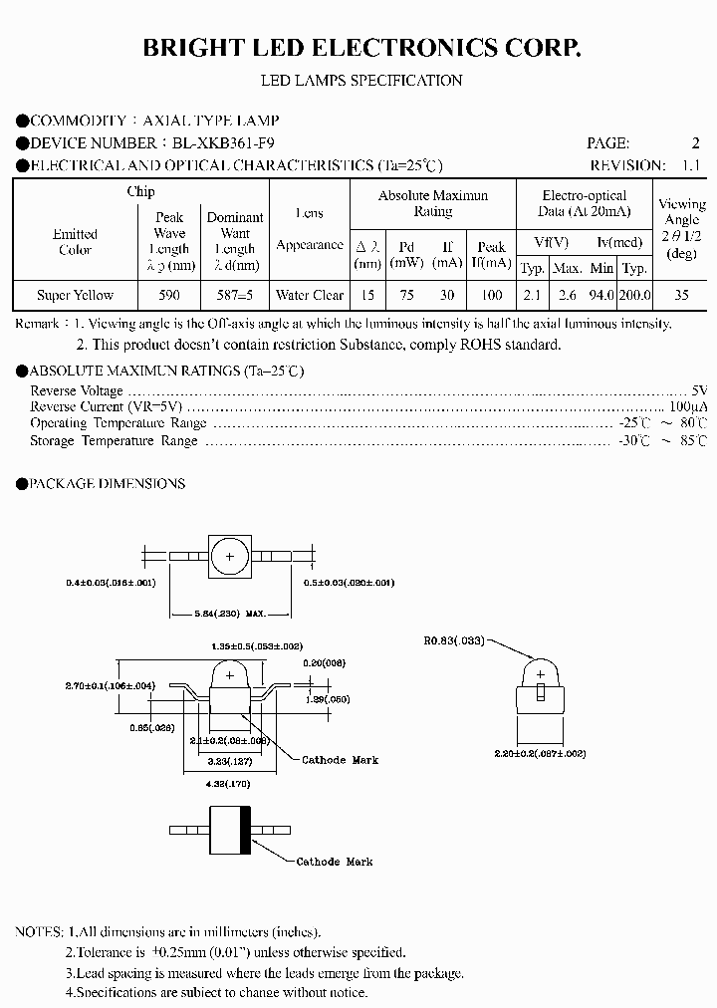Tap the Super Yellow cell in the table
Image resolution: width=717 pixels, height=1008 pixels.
pyautogui.click(x=76, y=295)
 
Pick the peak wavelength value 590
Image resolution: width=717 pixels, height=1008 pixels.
pyautogui.click(x=169, y=295)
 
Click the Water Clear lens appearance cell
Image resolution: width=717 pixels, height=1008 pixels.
pyautogui.click(x=310, y=295)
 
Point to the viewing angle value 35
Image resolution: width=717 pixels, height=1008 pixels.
pyautogui.click(x=681, y=295)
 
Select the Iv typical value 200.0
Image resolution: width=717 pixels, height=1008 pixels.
pyautogui.click(x=634, y=295)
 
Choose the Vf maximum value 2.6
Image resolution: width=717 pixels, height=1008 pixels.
pyautogui.click(x=567, y=295)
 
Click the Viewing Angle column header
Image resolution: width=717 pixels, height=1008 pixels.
pyautogui.click(x=681, y=227)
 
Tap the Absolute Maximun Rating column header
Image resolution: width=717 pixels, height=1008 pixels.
pyautogui.click(x=433, y=203)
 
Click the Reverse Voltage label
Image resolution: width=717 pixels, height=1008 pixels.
pyautogui.click(x=77, y=391)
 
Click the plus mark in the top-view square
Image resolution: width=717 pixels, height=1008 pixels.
pyautogui.click(x=229, y=557)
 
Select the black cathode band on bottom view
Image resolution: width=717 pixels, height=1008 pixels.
pyautogui.click(x=246, y=829)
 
